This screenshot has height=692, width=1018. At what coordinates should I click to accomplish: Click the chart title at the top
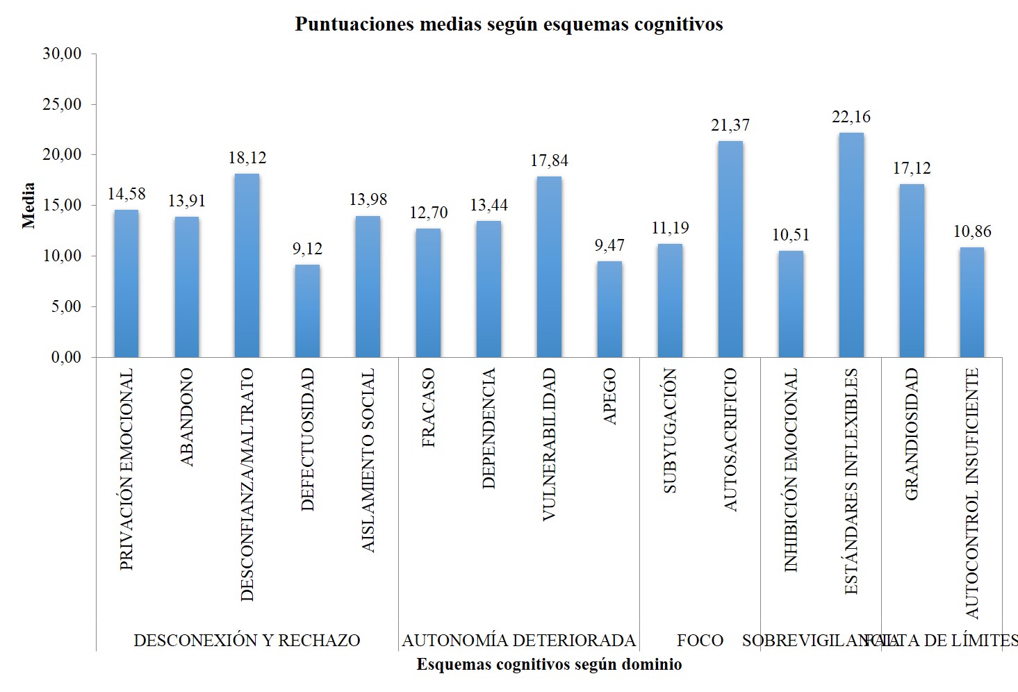click(509, 24)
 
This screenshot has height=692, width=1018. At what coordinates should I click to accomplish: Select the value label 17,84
click(549, 160)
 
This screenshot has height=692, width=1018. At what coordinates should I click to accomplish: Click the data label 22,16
click(851, 117)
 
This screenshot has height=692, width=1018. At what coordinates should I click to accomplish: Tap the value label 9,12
click(307, 249)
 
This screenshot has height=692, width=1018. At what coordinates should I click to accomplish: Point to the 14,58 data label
click(126, 194)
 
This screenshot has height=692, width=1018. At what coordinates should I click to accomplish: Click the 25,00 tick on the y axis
click(63, 104)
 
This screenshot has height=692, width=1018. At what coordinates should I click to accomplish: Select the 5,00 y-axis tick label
click(66, 306)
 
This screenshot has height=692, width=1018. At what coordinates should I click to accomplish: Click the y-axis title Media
click(28, 206)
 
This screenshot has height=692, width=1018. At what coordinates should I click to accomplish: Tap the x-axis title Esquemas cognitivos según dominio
click(549, 665)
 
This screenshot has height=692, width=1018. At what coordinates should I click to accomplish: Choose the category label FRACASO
click(428, 408)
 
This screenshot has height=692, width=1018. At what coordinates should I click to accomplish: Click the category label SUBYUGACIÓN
click(670, 431)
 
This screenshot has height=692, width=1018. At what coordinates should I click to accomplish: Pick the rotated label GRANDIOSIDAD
click(912, 434)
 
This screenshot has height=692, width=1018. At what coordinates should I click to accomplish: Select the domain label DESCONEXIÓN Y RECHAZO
click(247, 641)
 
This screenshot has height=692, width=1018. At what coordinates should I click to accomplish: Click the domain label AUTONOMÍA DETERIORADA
click(518, 641)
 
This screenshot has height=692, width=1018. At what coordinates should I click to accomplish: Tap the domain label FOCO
click(700, 641)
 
